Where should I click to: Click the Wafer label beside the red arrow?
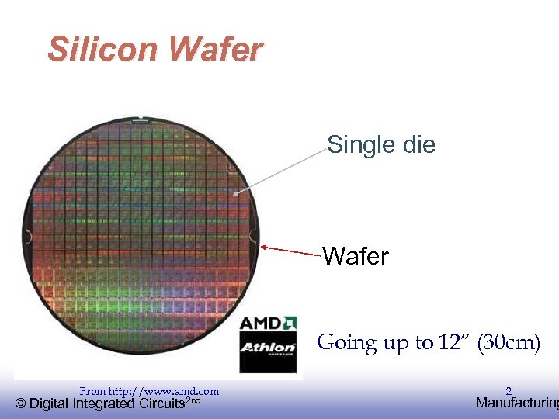(356, 255)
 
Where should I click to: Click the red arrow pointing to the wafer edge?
(292, 251)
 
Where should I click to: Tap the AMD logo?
(268, 322)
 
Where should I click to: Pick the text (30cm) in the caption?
(508, 342)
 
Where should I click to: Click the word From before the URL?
(92, 392)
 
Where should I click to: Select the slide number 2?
(509, 391)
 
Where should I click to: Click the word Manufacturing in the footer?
(516, 403)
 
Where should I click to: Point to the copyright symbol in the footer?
(21, 403)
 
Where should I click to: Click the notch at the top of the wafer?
(140, 119)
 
